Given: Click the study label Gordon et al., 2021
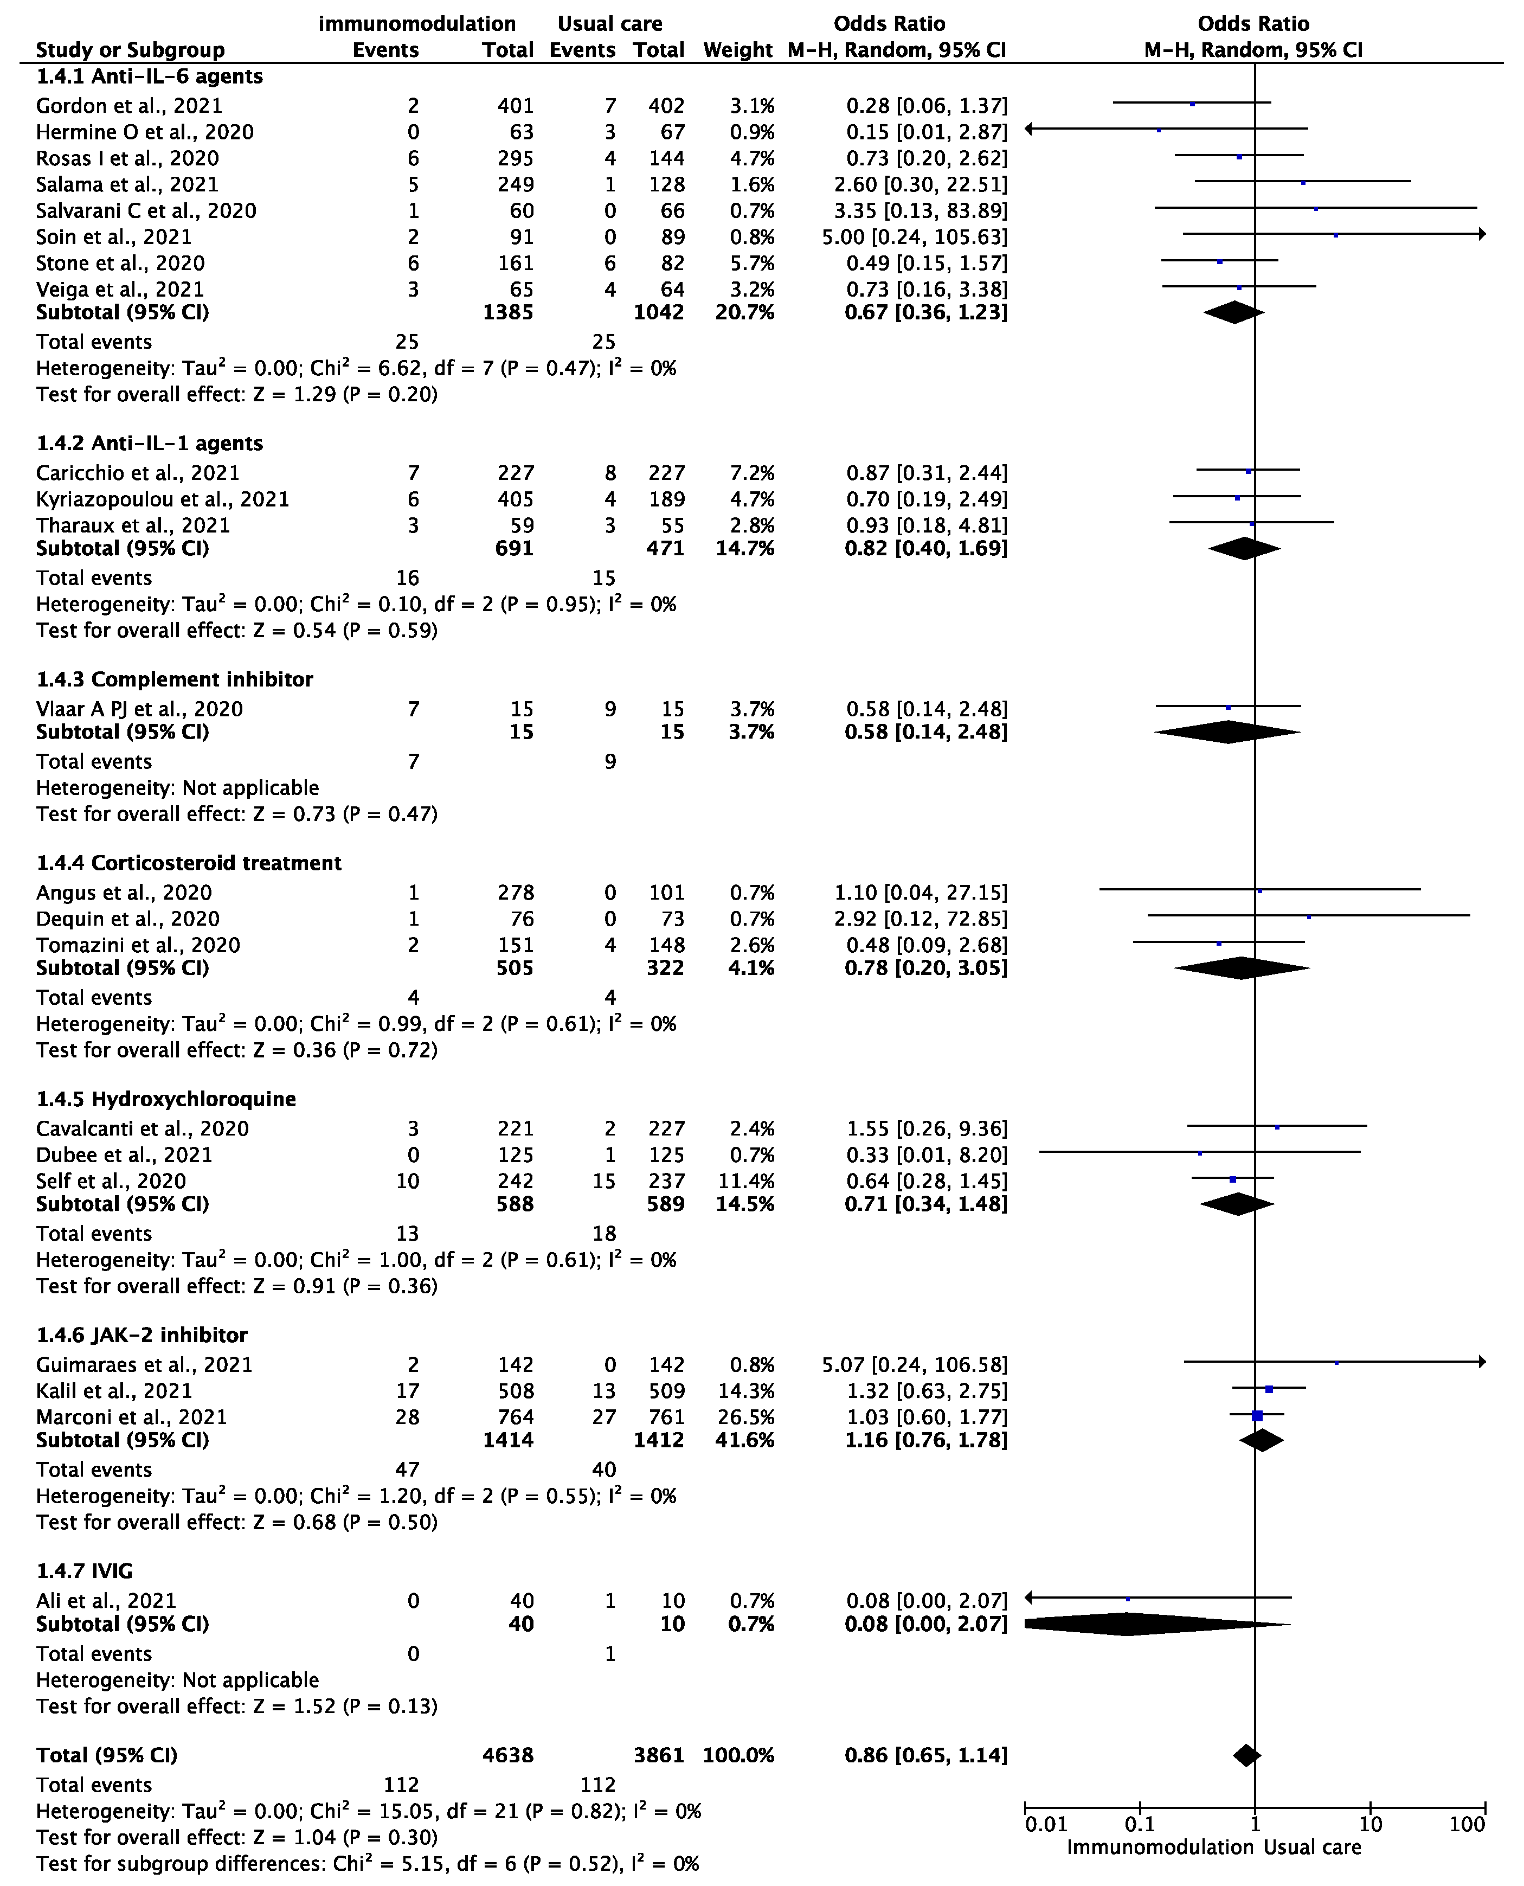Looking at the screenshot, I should tap(129, 106).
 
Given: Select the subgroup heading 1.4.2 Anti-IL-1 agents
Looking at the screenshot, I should tap(149, 444).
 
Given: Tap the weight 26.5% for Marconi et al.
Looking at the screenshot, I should tap(744, 1417).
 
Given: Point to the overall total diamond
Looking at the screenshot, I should tap(1246, 1756).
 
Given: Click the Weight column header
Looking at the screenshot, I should tap(737, 50).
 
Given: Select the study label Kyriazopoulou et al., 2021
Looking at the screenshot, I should tap(163, 499).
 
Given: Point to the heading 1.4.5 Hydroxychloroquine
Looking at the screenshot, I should tap(166, 1099).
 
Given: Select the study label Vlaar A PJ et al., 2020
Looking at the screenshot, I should tap(139, 709).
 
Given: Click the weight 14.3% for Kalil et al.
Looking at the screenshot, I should tap(744, 1391).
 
